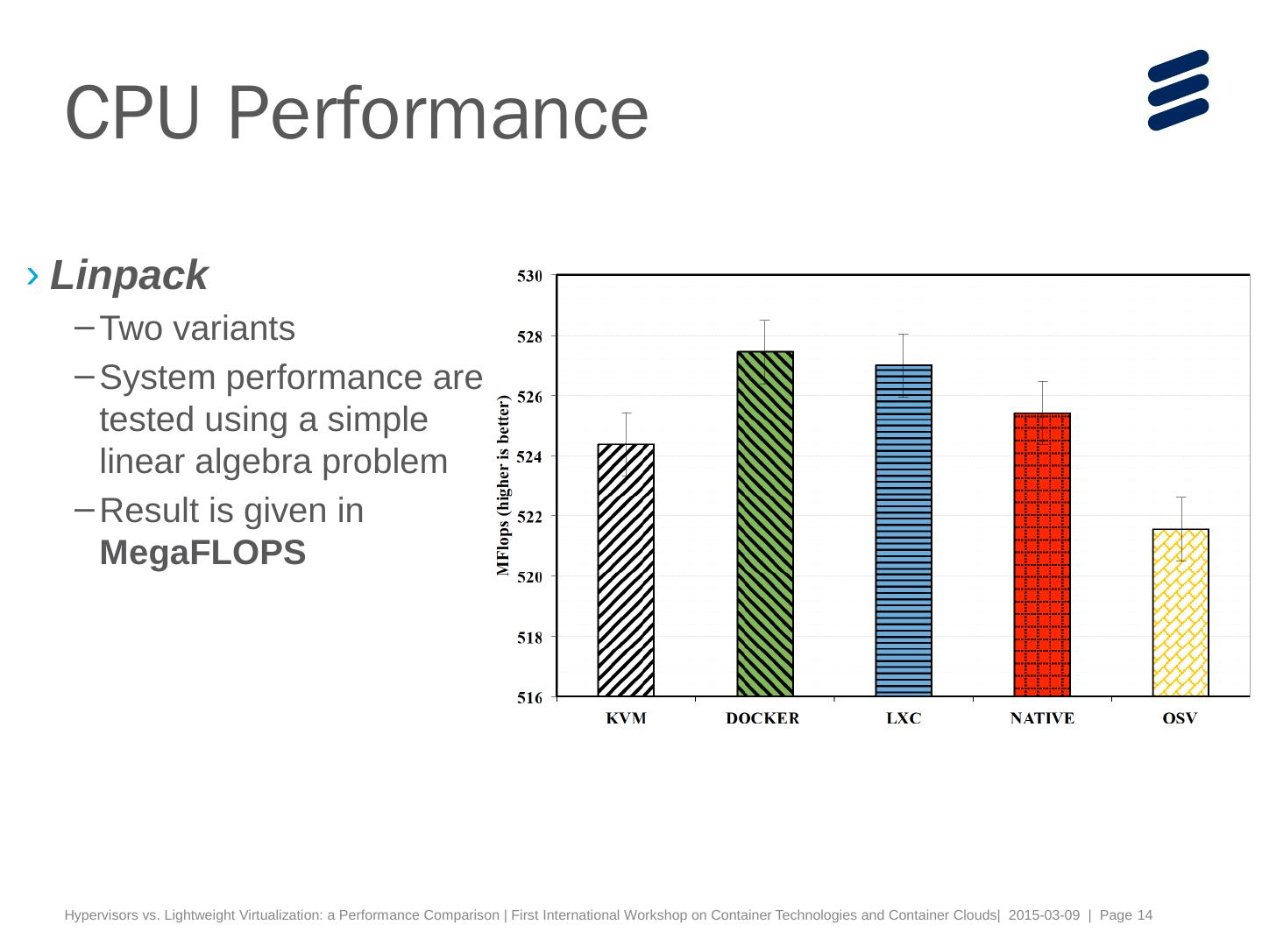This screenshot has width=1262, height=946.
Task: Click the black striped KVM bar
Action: (x=626, y=570)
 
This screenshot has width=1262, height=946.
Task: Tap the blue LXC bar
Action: (x=904, y=531)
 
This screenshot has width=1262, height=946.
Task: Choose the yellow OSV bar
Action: (x=1180, y=612)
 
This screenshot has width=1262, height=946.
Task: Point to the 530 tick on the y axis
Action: (x=530, y=277)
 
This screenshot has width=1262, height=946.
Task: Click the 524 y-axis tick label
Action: (x=530, y=457)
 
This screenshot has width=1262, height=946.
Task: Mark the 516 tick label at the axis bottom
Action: (x=530, y=698)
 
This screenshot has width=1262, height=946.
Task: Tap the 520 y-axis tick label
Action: (x=530, y=577)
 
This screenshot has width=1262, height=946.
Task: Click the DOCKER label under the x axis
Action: (x=762, y=719)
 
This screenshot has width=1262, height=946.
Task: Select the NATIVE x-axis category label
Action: (x=1042, y=719)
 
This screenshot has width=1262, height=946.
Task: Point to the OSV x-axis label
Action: (x=1180, y=719)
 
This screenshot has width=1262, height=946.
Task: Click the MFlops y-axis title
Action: (x=503, y=485)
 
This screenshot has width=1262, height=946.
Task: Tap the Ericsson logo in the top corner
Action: (x=1178, y=90)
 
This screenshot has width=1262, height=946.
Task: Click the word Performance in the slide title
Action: (x=438, y=113)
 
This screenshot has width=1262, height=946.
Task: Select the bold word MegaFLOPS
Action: (x=202, y=553)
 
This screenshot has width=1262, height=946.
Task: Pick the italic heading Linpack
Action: (x=129, y=276)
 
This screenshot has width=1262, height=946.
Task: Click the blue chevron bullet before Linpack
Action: (x=33, y=277)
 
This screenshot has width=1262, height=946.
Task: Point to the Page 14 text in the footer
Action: (x=1126, y=915)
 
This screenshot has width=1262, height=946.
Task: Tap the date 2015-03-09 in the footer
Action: (x=1044, y=915)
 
